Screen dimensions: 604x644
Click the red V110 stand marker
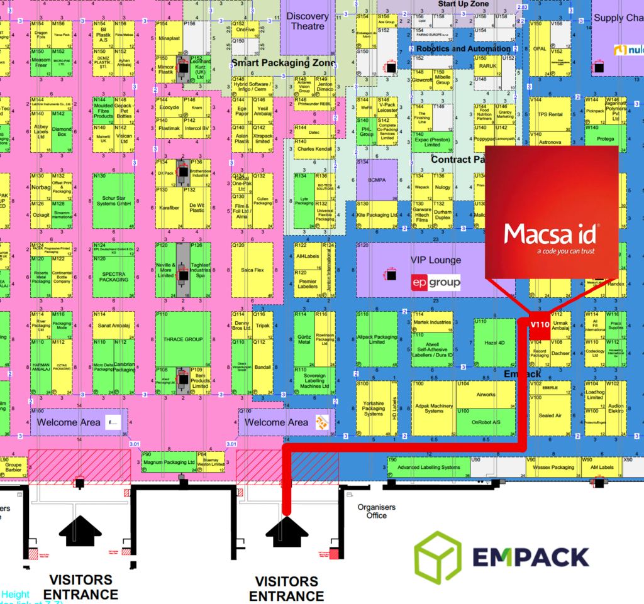(540, 324)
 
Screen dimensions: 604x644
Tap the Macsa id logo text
(552, 234)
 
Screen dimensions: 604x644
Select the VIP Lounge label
(435, 260)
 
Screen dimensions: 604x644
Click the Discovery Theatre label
(308, 21)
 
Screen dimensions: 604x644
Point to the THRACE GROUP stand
(183, 339)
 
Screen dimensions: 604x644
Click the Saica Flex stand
(252, 270)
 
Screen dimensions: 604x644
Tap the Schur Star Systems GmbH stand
(113, 200)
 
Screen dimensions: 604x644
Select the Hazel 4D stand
(494, 343)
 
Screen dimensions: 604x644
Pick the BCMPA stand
(377, 180)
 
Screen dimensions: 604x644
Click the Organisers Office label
(376, 511)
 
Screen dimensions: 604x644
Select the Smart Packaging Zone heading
(282, 63)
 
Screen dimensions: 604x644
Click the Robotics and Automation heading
(464, 49)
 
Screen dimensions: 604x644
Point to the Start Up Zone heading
(463, 4)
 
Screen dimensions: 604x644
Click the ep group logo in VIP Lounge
(435, 283)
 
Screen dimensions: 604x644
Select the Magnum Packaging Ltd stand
(169, 463)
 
